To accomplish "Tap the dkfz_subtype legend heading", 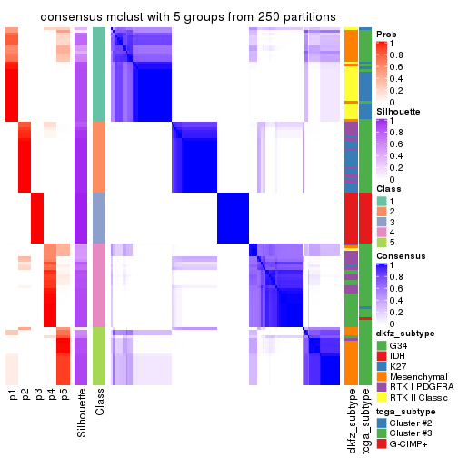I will tap(405, 334).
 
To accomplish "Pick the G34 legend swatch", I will tap(382, 345).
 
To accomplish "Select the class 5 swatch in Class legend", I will tap(382, 244).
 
